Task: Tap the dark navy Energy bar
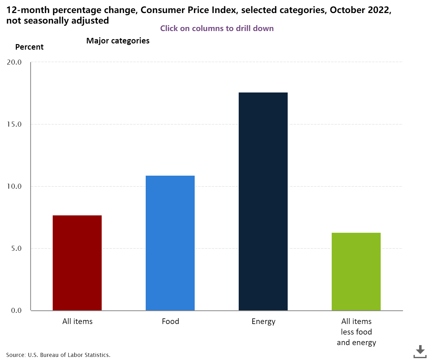pos(263,201)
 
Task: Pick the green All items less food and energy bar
pos(356,272)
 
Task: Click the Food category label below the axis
pos(170,321)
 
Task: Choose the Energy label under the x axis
pos(263,321)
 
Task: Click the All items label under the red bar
pos(77,321)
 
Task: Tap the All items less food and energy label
pos(356,332)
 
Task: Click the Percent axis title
pos(29,47)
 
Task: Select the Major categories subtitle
pos(118,41)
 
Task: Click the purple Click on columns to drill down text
pos(217,29)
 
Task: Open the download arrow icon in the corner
pos(420,351)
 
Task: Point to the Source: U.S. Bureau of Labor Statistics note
pos(58,355)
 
